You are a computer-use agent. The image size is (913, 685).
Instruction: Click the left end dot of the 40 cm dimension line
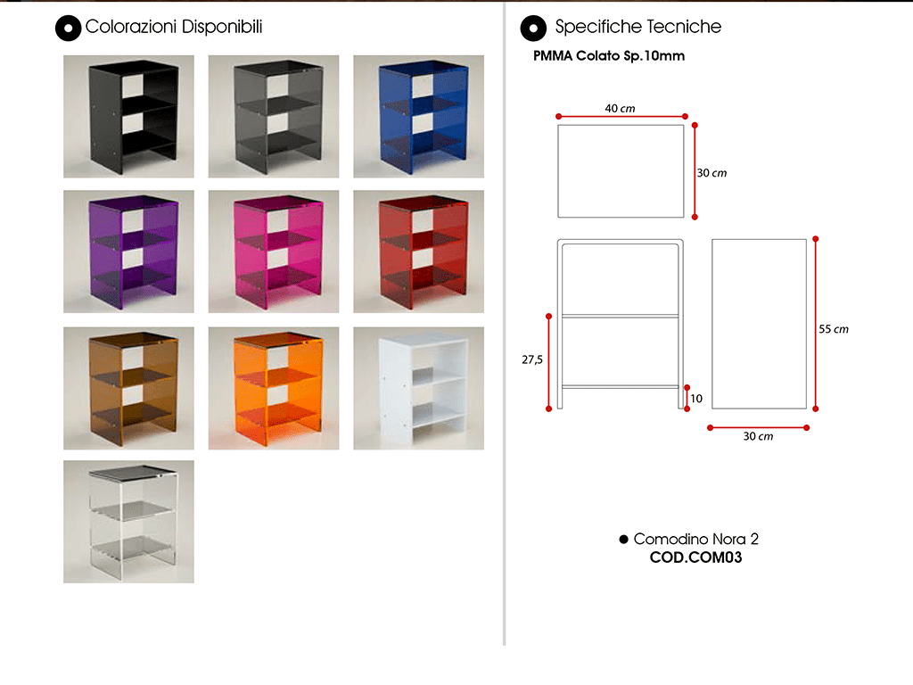(558, 117)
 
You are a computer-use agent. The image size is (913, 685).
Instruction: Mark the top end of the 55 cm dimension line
(816, 239)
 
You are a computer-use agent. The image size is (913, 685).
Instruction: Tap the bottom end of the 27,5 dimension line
(548, 409)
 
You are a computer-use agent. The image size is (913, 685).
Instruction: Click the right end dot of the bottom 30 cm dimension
(806, 427)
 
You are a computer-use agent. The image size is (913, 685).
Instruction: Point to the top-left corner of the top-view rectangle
(558, 125)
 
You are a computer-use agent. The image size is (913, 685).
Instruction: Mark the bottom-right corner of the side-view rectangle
(806, 409)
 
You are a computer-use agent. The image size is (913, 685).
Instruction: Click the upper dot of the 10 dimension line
(687, 387)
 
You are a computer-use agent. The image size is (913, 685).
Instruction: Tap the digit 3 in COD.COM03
(737, 557)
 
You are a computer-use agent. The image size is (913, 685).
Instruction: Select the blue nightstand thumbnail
(419, 117)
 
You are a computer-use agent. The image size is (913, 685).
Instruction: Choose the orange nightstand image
(274, 388)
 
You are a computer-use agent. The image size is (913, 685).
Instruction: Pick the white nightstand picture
(419, 388)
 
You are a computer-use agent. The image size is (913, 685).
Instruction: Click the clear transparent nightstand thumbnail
(128, 522)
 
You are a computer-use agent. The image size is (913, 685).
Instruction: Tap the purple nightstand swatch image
(128, 252)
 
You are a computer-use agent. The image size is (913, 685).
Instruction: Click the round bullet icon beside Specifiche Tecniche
(533, 28)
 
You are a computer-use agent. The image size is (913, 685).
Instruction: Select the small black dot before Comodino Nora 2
(623, 540)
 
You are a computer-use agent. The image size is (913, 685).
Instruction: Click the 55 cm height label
(834, 329)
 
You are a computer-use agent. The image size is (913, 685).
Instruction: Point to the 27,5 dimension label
(532, 360)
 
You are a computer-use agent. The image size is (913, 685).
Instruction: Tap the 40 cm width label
(621, 108)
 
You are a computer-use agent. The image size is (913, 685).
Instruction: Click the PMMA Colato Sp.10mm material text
(609, 56)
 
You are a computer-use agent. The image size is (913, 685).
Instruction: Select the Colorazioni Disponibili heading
(174, 27)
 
